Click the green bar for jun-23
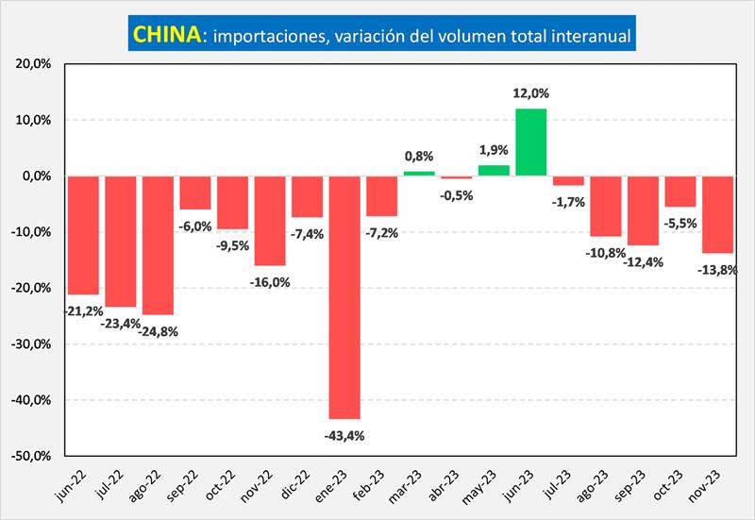tap(531, 143)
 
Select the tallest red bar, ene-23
tap(344, 297)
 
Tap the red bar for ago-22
tap(158, 245)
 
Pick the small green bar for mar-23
tap(419, 174)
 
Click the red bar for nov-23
tap(718, 214)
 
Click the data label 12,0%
tap(531, 93)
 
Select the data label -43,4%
tap(344, 435)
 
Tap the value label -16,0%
tap(270, 281)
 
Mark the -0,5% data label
tap(457, 194)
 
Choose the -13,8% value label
tap(719, 270)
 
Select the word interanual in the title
tap(587, 36)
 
